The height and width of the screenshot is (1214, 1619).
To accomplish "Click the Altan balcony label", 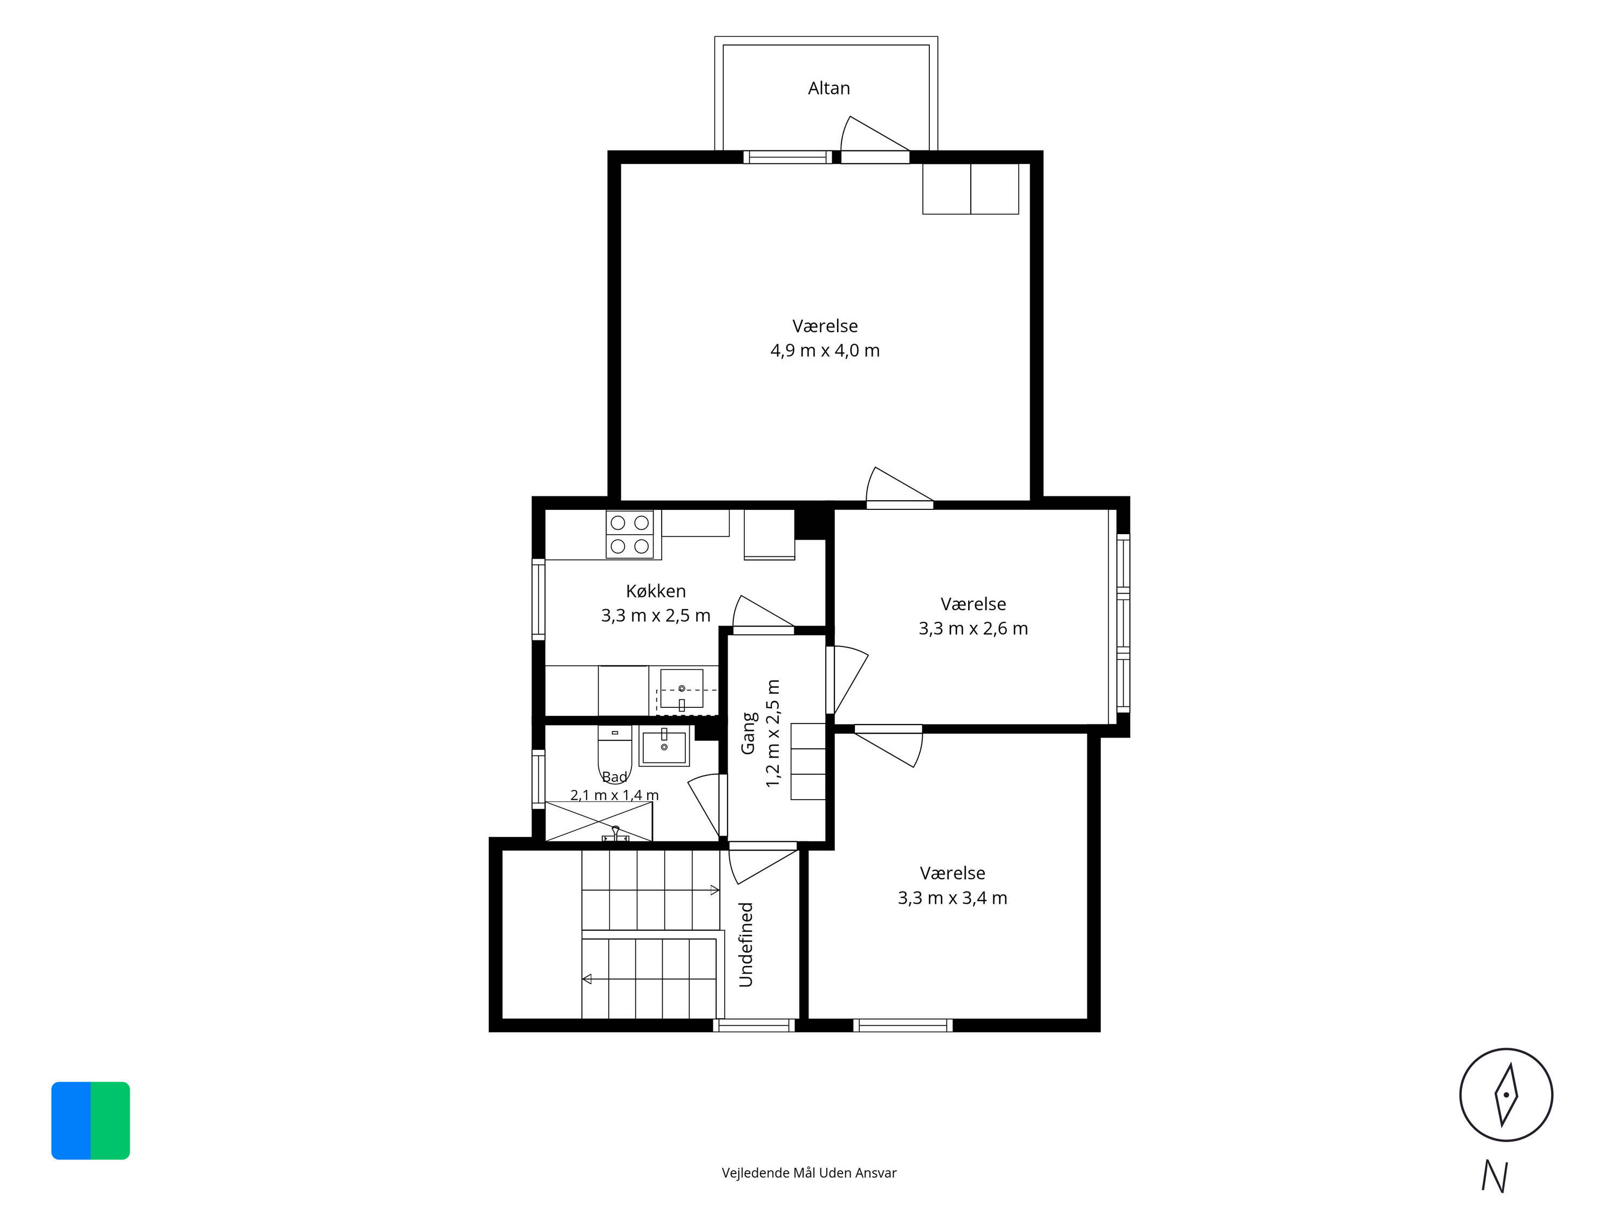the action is [x=828, y=88].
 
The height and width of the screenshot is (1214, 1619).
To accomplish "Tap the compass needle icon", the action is [x=1506, y=1095].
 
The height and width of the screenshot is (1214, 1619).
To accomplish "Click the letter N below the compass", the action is [x=1494, y=1177].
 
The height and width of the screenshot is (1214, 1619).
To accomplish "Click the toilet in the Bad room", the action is [x=615, y=752].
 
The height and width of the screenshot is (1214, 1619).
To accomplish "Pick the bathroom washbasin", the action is [x=664, y=746].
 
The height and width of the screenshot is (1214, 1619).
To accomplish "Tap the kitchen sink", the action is [x=682, y=688].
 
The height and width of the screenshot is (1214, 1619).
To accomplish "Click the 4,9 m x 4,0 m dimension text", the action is [x=825, y=351].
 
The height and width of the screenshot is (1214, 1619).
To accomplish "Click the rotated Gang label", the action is [x=749, y=733].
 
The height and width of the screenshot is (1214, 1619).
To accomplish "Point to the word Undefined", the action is [x=746, y=945].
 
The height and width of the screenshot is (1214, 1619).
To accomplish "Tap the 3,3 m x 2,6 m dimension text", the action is [x=974, y=629].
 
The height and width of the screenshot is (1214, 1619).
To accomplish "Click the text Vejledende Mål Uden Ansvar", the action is [x=809, y=1173].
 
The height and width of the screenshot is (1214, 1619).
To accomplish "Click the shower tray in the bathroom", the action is [x=598, y=822].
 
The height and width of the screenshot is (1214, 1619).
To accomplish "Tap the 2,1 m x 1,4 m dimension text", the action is [x=615, y=795].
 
